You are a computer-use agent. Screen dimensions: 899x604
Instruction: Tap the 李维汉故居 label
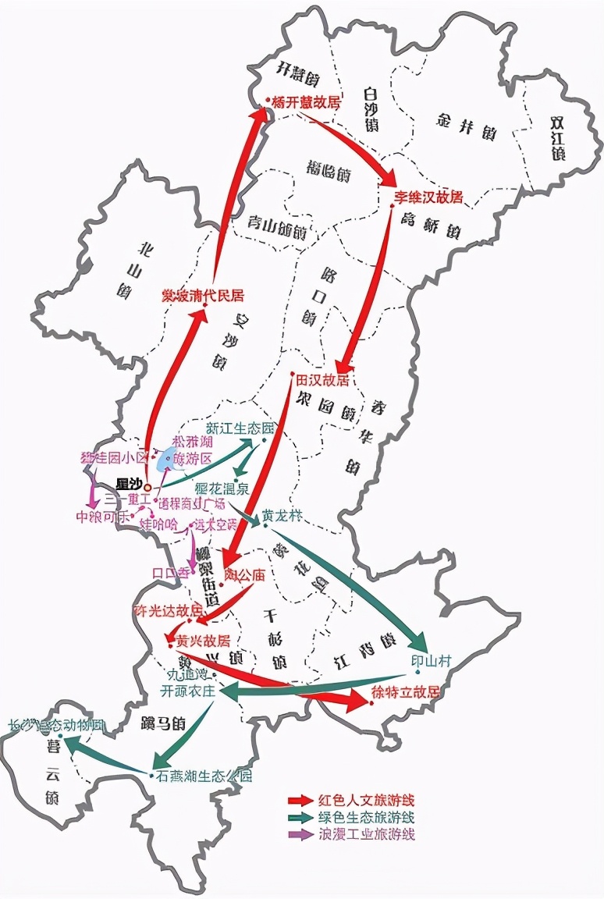[x=428, y=197]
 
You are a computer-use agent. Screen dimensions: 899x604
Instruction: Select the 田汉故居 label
[x=322, y=380]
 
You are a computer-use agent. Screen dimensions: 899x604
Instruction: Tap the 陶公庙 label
[x=245, y=576]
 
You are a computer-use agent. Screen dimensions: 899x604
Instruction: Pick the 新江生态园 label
[x=240, y=428]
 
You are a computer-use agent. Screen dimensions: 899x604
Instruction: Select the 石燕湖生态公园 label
[x=204, y=776]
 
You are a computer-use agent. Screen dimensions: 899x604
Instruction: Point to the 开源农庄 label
[x=187, y=691]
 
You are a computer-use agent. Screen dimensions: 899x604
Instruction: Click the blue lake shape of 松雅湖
[x=166, y=460]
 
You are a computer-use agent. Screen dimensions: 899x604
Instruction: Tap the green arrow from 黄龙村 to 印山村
[x=351, y=577]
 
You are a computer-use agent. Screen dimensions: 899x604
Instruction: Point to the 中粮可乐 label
[x=101, y=517]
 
